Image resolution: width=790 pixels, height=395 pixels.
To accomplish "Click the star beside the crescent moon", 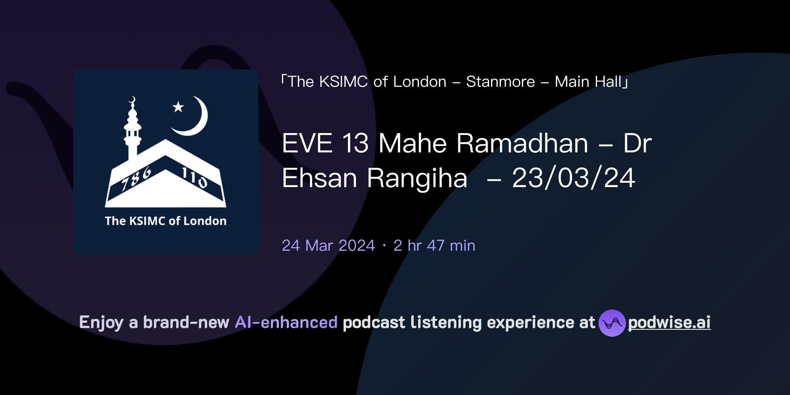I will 178,107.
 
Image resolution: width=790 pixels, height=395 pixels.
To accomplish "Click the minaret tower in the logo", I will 132,129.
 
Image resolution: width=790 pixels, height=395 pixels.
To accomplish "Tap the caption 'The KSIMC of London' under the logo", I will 165,221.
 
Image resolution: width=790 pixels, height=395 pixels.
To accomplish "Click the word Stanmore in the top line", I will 500,82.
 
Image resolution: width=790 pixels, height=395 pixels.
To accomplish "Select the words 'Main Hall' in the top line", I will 588,82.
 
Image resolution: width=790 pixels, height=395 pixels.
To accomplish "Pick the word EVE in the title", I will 307,143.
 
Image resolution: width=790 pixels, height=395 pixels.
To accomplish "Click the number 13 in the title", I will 355,143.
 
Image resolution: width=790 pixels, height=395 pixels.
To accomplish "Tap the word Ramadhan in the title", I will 522,143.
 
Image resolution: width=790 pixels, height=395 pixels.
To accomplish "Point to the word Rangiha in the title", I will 417,178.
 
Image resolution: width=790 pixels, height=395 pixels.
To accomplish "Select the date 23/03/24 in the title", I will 574,178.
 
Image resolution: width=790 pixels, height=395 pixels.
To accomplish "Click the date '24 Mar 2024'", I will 328,246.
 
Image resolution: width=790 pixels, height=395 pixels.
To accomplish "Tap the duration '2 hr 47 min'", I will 434,246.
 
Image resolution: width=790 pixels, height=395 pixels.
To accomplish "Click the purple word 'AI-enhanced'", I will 286,322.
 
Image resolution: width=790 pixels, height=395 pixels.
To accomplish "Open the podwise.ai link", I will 669,322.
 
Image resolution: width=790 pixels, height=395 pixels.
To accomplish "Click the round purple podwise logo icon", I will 612,323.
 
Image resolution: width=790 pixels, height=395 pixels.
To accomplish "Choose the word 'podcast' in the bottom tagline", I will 374,322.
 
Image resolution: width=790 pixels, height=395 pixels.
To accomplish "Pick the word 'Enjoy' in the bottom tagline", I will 101,322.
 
